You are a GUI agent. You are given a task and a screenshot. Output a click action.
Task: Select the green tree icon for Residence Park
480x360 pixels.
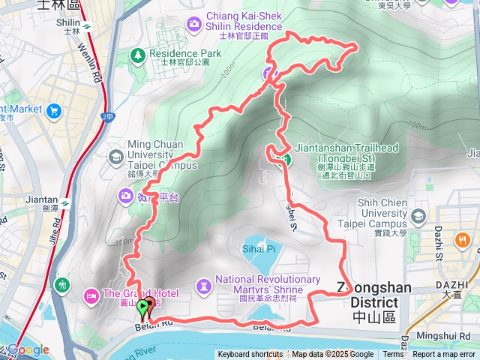coord(137,55)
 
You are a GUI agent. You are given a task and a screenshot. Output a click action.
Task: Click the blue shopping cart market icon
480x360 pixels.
coord(53,111)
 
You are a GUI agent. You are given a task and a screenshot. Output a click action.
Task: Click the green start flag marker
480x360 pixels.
coord(142,307)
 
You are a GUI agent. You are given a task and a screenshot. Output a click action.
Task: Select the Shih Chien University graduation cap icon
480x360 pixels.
coord(418,217)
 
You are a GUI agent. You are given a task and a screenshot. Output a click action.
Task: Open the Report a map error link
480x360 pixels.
coord(445,355)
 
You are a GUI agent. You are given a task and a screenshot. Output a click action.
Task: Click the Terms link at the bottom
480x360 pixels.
coord(393,355)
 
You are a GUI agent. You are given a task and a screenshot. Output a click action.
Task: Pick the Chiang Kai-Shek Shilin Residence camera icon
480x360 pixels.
coord(194,24)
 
